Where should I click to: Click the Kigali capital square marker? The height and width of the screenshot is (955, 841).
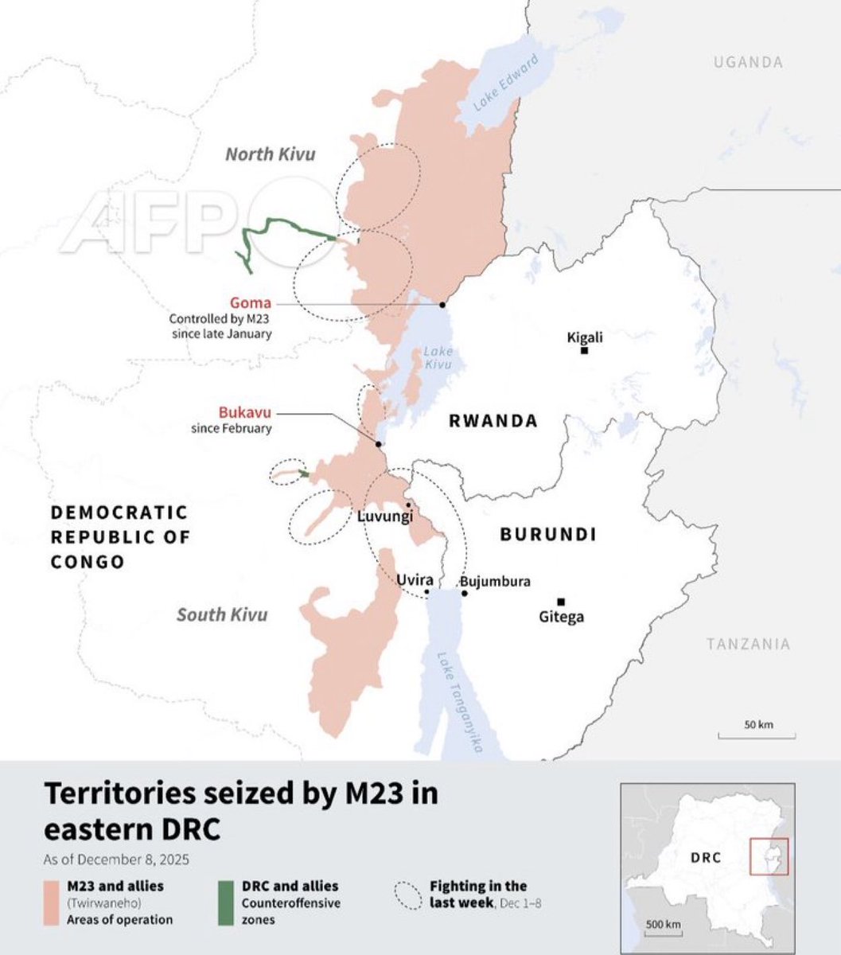coord(584,350)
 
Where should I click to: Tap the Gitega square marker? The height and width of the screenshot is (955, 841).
coord(561,602)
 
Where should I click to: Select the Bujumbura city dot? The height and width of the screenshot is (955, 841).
coord(464,593)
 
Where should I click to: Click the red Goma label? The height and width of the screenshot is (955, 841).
coord(251,302)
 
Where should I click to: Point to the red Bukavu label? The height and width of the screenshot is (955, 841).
coord(245,412)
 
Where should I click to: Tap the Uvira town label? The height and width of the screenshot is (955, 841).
coord(415,580)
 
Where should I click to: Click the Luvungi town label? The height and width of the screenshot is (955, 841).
coord(385,516)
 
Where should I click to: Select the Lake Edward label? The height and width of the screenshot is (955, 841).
coord(506,82)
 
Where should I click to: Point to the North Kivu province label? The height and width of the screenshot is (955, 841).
coord(270,154)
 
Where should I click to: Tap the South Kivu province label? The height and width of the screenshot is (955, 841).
coord(222,614)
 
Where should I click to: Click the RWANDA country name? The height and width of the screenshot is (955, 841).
coord(493,421)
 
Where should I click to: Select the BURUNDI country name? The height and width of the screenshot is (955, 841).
coord(548,534)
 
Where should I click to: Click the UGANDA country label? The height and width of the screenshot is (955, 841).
coord(748,61)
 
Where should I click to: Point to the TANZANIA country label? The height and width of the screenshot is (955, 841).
coord(748,644)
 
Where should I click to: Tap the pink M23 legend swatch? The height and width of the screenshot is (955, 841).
coord(52,902)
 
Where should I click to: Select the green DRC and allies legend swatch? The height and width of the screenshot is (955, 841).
coord(226,902)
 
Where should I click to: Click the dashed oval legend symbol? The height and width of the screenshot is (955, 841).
coord(408,895)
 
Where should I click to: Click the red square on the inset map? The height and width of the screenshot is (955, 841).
coord(769,856)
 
